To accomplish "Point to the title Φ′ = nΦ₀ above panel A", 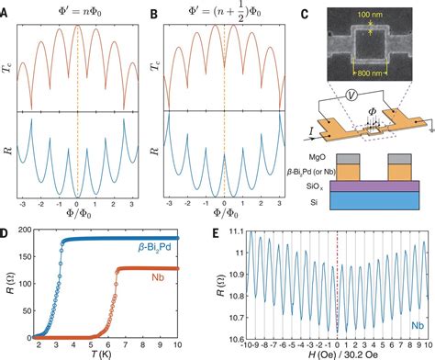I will pyautogui.click(x=77, y=12).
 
